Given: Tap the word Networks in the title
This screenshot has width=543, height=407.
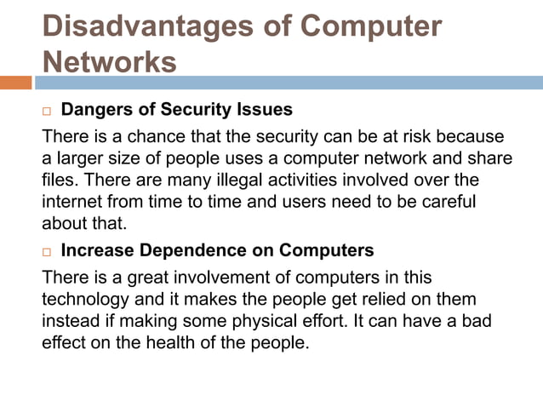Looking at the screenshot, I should (110, 62).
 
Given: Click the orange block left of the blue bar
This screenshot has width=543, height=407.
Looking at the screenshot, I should (15, 83).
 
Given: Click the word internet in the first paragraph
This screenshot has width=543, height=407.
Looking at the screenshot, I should (71, 203).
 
